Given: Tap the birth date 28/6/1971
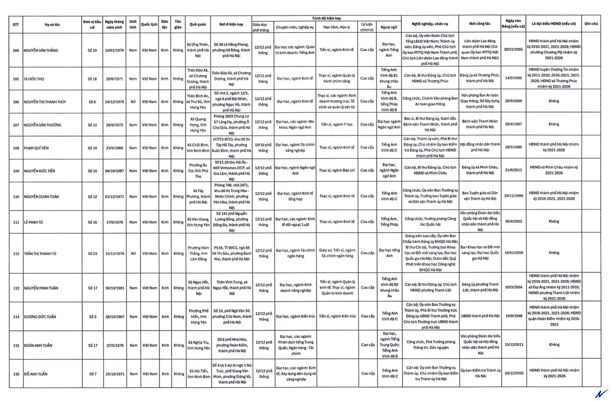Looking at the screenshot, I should pyautogui.click(x=114, y=78).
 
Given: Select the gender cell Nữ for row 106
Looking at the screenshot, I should pyautogui.click(x=132, y=102).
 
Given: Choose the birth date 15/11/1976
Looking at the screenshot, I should pyautogui.click(x=114, y=253).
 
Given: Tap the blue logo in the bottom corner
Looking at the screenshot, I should pyautogui.click(x=600, y=393).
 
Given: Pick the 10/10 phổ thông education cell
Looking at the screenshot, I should pyautogui.click(x=262, y=148).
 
